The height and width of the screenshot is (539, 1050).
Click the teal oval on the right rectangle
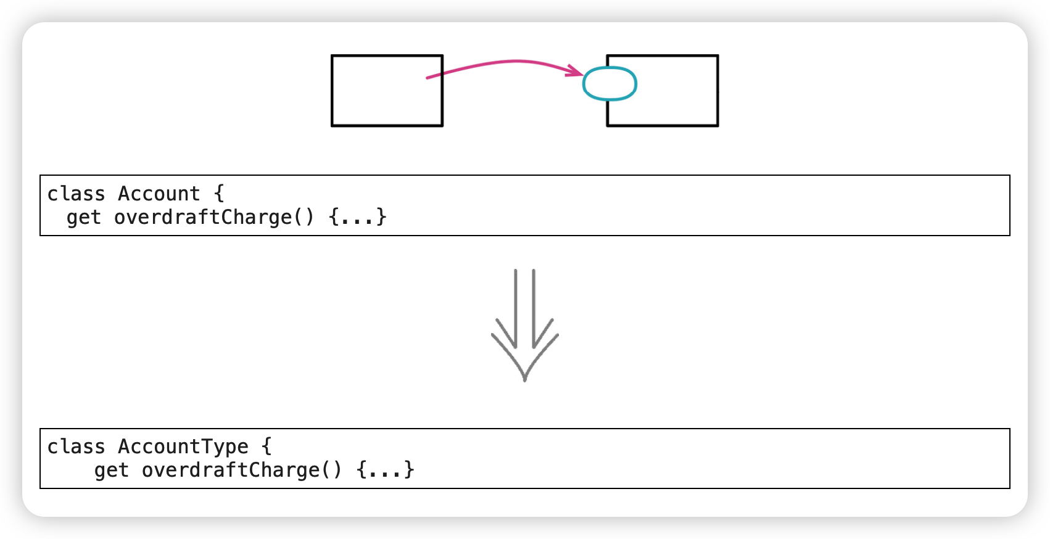[x=610, y=68]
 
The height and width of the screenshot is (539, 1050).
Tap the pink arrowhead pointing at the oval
[x=576, y=71]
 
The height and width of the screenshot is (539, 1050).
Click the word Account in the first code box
[x=159, y=194]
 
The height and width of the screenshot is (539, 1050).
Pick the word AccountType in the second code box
[x=183, y=446]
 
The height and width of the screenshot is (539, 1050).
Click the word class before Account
[x=76, y=194]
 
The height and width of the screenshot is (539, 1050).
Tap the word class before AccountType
[x=76, y=446]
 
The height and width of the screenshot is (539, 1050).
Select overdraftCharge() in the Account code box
[x=214, y=217]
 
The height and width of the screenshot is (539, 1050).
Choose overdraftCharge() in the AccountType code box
[x=242, y=470]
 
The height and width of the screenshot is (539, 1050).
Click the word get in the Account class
[x=83, y=218]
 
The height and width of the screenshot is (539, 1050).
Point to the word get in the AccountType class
[x=111, y=471]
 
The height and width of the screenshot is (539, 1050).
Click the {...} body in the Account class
[x=358, y=217]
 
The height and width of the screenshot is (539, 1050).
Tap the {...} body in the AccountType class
[x=386, y=470]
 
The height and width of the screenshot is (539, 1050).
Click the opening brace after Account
[x=219, y=194]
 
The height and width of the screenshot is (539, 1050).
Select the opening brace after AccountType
[x=267, y=446]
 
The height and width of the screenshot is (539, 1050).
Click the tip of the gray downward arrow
[x=525, y=381]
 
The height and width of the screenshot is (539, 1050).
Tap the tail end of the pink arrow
[x=426, y=78]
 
